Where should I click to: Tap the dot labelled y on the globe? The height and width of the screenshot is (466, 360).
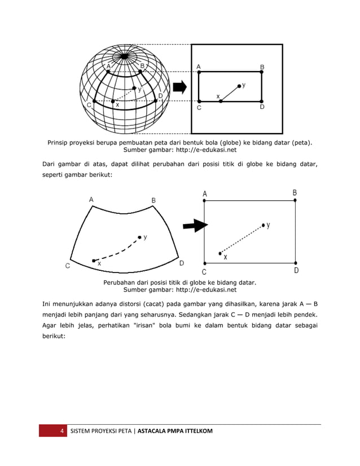[x=134, y=88]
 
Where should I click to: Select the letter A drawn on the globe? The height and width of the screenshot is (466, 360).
[x=108, y=65]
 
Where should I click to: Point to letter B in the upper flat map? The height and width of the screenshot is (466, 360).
[x=262, y=66]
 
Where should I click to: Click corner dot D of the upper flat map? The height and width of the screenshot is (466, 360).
[x=262, y=101]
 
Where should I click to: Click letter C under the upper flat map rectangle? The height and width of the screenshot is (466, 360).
[x=199, y=108]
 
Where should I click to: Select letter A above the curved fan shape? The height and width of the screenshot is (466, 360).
[x=91, y=199]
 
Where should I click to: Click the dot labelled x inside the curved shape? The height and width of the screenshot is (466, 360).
[x=94, y=261]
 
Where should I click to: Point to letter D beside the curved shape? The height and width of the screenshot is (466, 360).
[x=181, y=263]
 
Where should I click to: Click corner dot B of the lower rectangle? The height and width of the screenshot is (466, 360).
[x=295, y=200]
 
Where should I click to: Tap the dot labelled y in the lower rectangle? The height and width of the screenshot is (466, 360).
[x=263, y=225]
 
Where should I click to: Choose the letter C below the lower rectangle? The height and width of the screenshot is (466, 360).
[x=204, y=271]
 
